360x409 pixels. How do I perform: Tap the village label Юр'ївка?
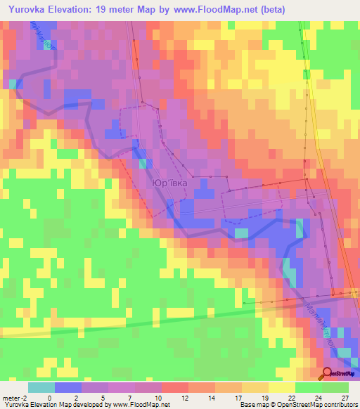pyautogui.click(x=169, y=183)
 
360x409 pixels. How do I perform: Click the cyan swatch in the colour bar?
pyautogui.click(x=41, y=387)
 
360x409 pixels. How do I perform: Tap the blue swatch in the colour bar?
pyautogui.click(x=67, y=387)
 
